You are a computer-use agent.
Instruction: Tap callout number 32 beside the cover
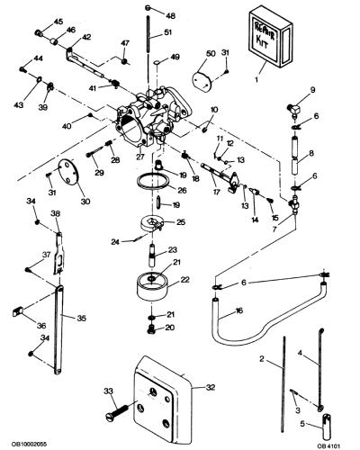tap(211, 387)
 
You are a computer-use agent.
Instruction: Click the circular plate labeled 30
tap(68, 174)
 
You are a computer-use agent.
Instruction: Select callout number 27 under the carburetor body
tap(140, 157)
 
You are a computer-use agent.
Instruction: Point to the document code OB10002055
tap(29, 444)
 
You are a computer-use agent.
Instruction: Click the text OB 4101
tap(329, 445)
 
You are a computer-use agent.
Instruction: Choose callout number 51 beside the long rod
tap(167, 32)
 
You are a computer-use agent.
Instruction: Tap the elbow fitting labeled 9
tap(294, 110)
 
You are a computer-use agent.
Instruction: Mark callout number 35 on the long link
tap(82, 318)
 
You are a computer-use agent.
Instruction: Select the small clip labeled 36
tap(18, 311)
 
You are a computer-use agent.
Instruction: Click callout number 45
tap(58, 22)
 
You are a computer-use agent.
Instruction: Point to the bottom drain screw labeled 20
tap(152, 329)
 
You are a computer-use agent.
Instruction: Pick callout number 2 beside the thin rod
tap(261, 358)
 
